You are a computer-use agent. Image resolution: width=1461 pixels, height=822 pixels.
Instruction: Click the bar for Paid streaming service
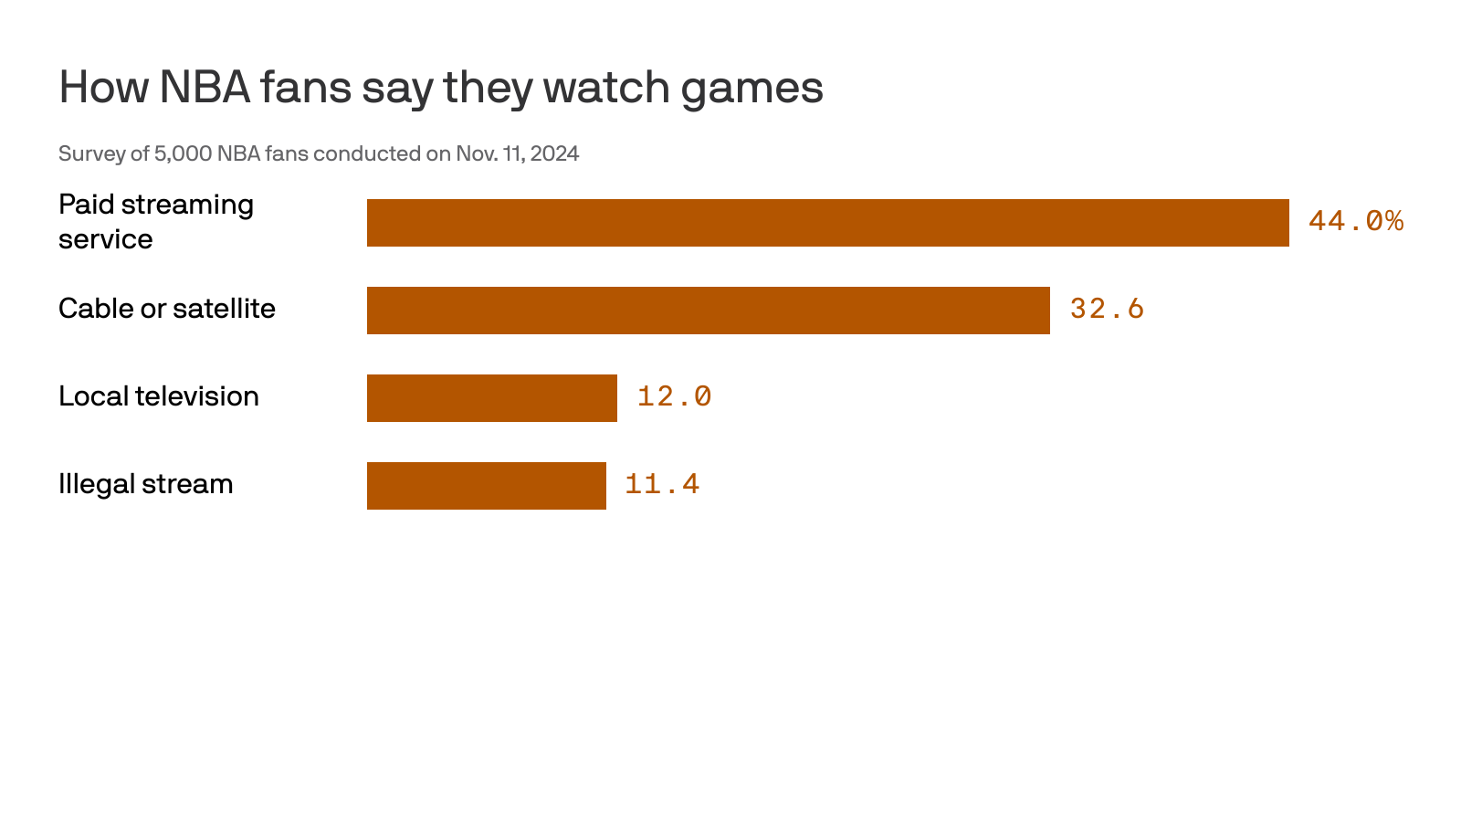tap(827, 223)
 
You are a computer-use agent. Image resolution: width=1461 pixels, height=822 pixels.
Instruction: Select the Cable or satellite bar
tap(708, 311)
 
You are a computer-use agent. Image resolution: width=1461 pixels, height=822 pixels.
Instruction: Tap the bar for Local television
tap(491, 398)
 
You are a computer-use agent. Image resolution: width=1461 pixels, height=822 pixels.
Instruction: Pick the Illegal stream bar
tap(486, 486)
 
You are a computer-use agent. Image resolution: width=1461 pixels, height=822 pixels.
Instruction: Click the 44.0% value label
tap(1355, 221)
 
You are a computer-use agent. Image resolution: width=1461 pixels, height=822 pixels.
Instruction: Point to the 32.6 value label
tap(1107, 309)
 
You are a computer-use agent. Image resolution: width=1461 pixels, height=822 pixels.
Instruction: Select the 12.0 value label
tap(674, 396)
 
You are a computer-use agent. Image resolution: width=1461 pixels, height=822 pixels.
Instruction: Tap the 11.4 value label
tap(662, 484)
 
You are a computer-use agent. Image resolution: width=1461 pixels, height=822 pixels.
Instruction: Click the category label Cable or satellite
tap(166, 309)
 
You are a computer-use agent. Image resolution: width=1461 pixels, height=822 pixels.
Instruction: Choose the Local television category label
tap(158, 396)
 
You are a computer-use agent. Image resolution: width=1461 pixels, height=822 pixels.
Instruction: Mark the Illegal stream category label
tap(145, 484)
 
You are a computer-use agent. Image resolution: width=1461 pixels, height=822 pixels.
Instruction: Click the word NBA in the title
tap(205, 88)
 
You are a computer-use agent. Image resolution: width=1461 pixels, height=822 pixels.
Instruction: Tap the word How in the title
tap(103, 88)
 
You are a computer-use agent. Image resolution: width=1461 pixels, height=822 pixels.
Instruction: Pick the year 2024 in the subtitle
tap(554, 153)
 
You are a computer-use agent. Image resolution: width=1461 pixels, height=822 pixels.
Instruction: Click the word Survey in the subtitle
tap(91, 153)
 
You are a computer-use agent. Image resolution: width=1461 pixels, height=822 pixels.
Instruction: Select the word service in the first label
tap(105, 239)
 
